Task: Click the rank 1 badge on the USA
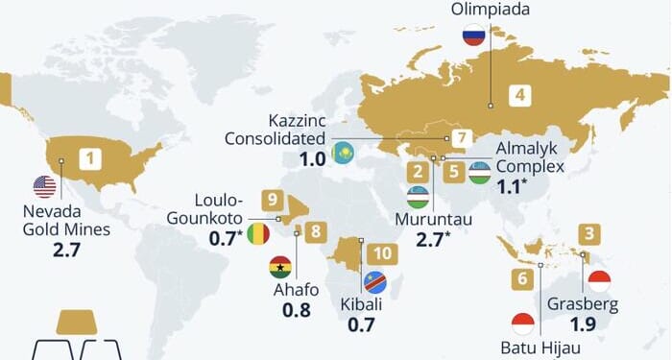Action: (90, 157)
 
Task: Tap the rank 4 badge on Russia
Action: (519, 95)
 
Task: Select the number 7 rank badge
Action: (462, 138)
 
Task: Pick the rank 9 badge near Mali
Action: (274, 200)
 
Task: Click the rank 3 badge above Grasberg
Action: (589, 233)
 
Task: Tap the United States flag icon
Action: (44, 186)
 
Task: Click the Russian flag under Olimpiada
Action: (472, 37)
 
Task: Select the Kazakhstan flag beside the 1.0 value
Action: (343, 154)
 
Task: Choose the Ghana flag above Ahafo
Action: (280, 267)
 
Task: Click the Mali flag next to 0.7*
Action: (257, 233)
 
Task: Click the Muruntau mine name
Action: (434, 220)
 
